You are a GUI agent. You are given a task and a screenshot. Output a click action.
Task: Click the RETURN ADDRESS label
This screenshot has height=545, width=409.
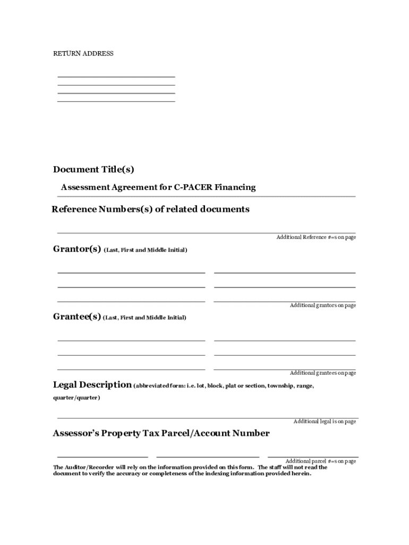point(83,54)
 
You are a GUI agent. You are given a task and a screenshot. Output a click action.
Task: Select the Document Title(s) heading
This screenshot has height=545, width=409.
point(93,170)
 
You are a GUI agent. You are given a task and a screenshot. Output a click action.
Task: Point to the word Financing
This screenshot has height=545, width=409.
point(234,187)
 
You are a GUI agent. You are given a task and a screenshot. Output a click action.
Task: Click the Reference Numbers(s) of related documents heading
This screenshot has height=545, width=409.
point(150,209)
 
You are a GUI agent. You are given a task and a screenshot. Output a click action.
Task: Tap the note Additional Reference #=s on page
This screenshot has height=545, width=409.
point(316,237)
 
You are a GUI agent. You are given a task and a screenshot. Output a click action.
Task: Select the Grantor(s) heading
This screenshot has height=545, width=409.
point(77,249)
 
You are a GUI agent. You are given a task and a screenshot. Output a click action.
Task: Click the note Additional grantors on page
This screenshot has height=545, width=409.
point(322,305)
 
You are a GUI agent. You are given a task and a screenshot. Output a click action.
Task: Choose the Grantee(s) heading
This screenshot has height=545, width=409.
point(77,317)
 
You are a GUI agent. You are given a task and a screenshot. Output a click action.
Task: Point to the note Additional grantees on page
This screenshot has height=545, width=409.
point(322,373)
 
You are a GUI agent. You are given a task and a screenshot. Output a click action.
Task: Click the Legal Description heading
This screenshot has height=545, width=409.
point(92,385)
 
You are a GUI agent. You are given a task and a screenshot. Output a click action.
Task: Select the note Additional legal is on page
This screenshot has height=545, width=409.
point(325,422)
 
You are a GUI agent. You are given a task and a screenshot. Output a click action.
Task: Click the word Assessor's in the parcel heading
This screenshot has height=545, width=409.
point(77,433)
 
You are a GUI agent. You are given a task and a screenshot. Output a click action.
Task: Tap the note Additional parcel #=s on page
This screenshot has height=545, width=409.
point(320,461)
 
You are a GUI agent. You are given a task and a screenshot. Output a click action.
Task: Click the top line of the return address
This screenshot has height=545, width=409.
point(116,78)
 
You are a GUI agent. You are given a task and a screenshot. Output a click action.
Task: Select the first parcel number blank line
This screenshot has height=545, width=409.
point(103,457)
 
